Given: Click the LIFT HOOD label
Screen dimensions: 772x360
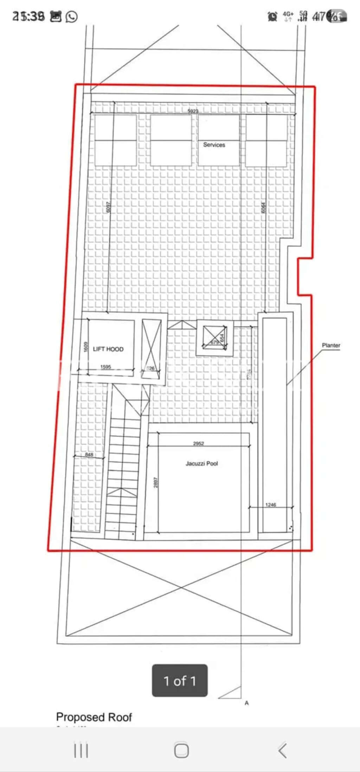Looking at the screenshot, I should pos(108,349).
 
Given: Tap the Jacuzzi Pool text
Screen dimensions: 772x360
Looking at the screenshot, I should pos(201,463).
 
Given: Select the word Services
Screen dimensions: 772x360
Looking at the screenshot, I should pos(214,144).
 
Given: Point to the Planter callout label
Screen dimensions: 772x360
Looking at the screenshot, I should pos(331,345).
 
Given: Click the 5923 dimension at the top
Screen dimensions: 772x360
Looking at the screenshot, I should pos(193,111).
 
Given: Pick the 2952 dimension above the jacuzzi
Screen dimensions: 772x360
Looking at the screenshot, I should pos(198,443).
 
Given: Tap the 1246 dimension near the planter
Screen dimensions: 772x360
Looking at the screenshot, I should pos(270,505).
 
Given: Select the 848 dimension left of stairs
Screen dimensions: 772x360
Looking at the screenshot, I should pos(89,455).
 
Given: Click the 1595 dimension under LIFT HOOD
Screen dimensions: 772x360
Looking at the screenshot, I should pos(105,367).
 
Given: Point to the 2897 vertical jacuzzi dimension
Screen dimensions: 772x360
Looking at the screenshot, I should pos(156,482).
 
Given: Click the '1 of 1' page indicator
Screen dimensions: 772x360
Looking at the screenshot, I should pos(180,681).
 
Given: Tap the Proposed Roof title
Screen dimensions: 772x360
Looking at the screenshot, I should pos(94,717).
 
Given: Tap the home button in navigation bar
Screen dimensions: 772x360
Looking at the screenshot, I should pos(181,751).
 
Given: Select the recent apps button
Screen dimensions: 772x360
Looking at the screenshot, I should pos(81,751).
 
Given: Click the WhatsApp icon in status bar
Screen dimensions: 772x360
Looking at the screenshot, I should pos(72,17).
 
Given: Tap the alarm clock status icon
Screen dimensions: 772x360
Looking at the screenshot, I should pos(272,16).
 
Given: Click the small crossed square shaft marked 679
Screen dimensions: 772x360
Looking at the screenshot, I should pos(214,338).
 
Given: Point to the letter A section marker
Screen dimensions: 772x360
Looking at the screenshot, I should pos(246,703).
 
